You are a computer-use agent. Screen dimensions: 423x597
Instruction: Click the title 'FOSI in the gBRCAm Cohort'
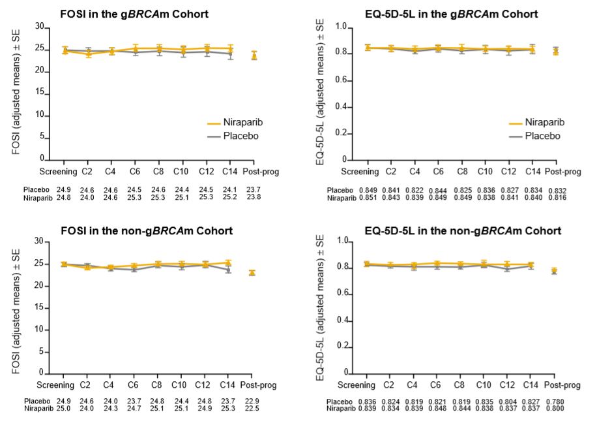click(x=135, y=14)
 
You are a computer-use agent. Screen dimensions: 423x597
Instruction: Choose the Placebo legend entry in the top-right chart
click(x=532, y=136)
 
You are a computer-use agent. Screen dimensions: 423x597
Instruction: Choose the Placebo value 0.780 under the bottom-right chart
click(x=555, y=400)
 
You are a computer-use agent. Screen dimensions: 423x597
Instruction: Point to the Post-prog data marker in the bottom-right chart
click(x=555, y=271)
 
